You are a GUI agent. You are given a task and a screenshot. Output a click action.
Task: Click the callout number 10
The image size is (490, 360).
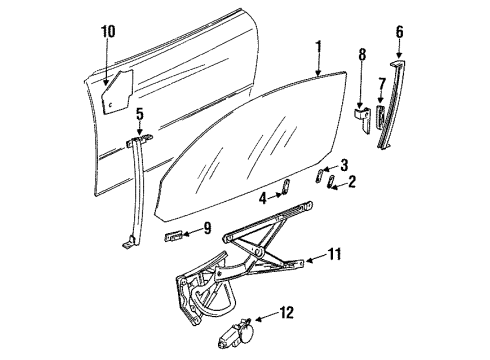(x=108, y=32)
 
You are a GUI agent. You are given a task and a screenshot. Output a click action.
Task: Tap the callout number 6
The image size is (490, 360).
(x=399, y=32)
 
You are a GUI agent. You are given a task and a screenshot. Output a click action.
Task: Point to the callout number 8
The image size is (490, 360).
(x=362, y=55)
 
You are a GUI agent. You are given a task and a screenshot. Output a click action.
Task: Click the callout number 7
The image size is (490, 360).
(x=382, y=84)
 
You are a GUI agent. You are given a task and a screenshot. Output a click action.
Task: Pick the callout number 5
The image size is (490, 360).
(x=140, y=114)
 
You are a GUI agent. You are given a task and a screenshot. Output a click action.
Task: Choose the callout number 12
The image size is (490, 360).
(x=287, y=313)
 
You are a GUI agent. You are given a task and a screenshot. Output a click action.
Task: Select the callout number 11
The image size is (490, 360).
(x=334, y=254)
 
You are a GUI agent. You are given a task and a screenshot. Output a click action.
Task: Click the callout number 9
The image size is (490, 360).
(x=207, y=228)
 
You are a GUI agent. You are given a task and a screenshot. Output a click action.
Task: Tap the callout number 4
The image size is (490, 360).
(x=263, y=199)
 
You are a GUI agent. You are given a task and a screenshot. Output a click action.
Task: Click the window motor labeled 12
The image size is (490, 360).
(x=236, y=334)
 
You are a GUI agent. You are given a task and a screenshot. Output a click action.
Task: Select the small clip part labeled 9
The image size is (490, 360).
(x=173, y=236)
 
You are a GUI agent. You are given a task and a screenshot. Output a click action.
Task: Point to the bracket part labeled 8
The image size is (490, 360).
(x=362, y=120)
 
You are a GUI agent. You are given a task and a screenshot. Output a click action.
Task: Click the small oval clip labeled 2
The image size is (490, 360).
(x=331, y=182)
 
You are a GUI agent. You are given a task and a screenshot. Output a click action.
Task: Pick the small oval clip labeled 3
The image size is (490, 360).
(x=319, y=176)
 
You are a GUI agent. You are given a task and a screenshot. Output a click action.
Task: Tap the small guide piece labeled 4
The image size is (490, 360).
(x=286, y=187)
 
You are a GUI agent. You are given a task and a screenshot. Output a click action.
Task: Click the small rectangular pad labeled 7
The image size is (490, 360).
(x=380, y=116)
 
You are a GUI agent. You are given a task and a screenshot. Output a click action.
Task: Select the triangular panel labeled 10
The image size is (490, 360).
(x=117, y=92)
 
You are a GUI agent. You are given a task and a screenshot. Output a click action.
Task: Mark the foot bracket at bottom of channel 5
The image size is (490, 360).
(x=130, y=243)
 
